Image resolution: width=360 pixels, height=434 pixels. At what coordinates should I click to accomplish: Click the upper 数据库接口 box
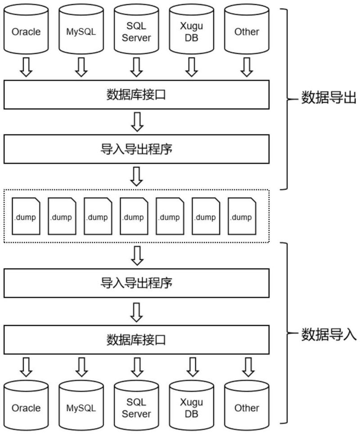136,95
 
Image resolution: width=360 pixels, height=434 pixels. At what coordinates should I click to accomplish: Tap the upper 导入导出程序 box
136,149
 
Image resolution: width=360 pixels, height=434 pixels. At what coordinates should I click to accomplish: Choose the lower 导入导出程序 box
136,283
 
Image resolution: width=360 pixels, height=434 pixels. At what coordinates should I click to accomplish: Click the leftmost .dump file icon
25,217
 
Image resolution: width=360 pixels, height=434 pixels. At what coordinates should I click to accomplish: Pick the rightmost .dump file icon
241,217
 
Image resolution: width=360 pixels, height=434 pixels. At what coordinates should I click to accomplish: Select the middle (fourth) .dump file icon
133,217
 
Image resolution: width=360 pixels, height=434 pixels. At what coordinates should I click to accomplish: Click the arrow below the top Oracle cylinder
26,67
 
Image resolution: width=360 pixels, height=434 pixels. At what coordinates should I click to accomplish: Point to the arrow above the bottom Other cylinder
246,367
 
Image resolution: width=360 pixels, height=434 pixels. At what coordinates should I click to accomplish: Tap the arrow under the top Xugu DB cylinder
191,67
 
